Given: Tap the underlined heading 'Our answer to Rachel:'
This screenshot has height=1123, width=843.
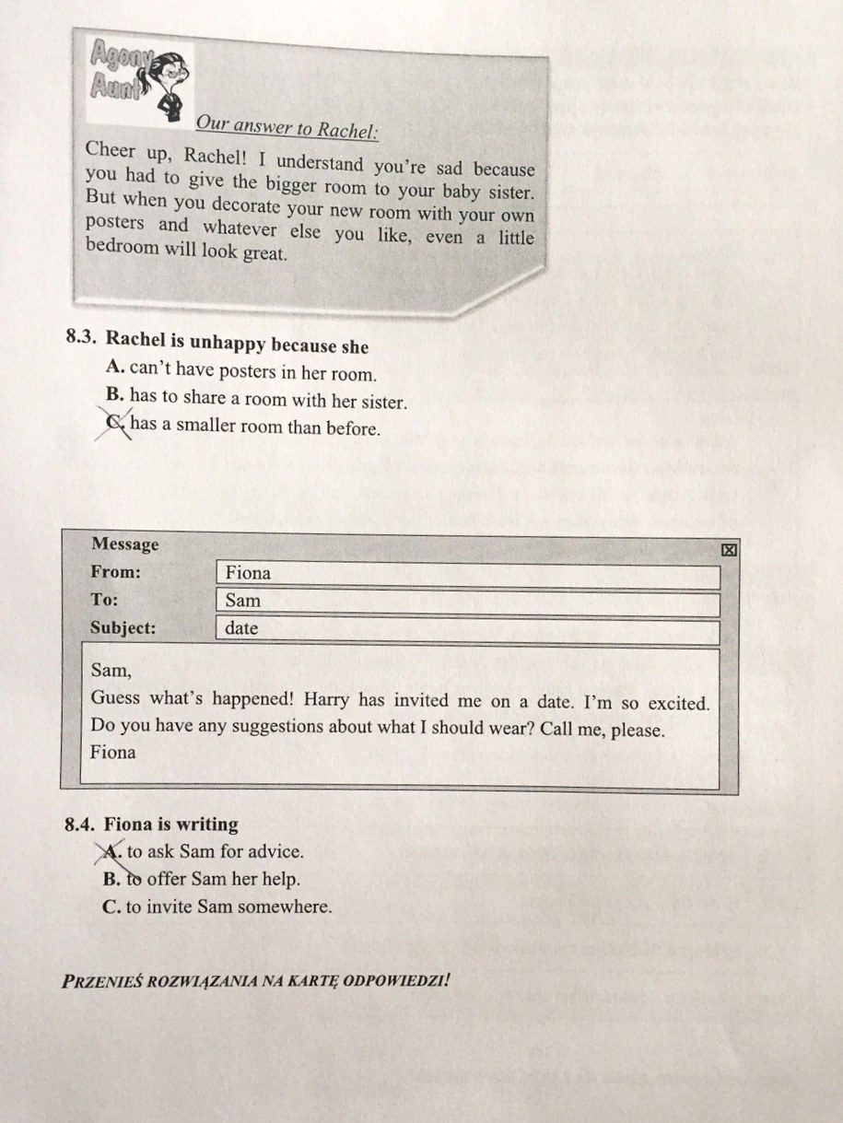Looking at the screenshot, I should (x=286, y=128).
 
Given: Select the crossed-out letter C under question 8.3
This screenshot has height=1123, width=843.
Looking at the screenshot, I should (x=114, y=425).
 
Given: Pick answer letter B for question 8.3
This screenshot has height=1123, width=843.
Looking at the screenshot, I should (x=115, y=399).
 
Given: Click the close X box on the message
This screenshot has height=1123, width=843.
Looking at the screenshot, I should (x=728, y=550).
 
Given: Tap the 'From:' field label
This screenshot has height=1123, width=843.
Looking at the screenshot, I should (x=115, y=572).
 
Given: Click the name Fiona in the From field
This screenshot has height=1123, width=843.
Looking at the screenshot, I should (x=248, y=573).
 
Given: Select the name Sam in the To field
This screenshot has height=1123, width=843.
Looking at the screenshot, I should (x=242, y=601).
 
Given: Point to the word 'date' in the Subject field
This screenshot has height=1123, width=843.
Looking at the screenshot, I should (x=241, y=629).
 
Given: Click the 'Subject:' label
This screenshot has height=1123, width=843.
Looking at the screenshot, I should (x=123, y=628).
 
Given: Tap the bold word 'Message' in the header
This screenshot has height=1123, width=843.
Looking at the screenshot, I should (x=124, y=544).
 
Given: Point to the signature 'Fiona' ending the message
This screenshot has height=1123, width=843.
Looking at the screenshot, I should (x=112, y=752).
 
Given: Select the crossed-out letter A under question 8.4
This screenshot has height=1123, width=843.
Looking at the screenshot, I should (x=112, y=852).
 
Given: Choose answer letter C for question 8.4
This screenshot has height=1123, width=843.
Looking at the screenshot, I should (x=112, y=907).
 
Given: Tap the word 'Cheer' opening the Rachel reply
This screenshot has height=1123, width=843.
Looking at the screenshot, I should (x=111, y=150).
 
